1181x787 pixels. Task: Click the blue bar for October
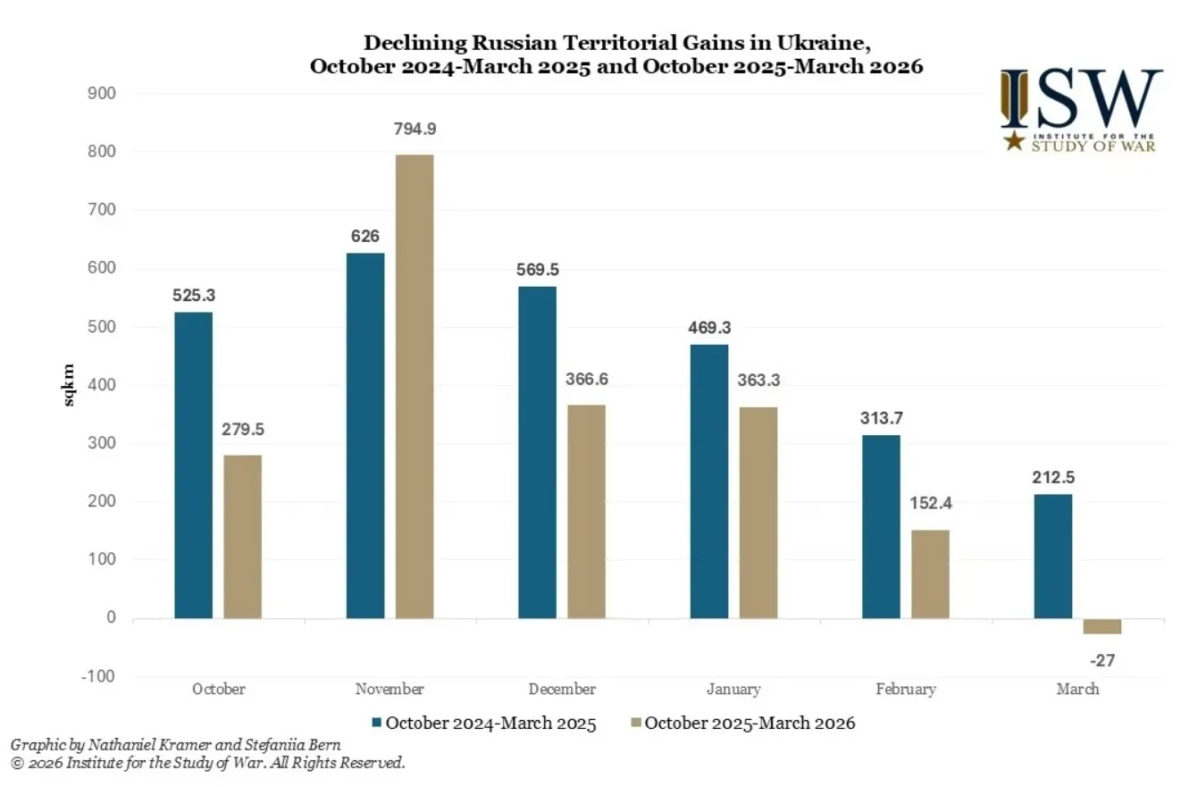point(194,465)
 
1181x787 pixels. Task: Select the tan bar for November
point(415,386)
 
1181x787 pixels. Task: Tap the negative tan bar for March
point(1101,626)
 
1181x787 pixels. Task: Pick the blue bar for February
point(881,526)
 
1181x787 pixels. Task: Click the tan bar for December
point(587,511)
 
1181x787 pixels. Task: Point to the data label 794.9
point(415,129)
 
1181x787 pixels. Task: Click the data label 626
point(365,236)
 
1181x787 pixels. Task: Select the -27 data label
point(1102,661)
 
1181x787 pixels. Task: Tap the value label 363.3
point(758,381)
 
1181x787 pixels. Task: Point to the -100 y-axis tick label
point(99,676)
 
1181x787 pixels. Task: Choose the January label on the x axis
point(733,690)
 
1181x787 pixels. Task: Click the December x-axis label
point(562,690)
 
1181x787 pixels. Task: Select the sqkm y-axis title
point(70,385)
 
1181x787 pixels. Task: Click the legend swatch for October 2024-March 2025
point(378,723)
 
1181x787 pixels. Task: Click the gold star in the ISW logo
point(1014,140)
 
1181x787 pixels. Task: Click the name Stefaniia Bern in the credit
point(304,744)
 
